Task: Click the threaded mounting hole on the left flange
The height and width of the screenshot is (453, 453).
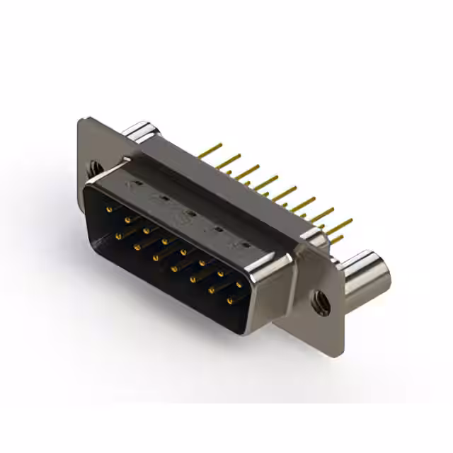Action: tap(93, 168)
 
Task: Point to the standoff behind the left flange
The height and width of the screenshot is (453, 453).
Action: tap(142, 134)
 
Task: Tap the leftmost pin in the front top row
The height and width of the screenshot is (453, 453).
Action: tap(108, 210)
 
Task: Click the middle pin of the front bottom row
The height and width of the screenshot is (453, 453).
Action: tap(173, 269)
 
